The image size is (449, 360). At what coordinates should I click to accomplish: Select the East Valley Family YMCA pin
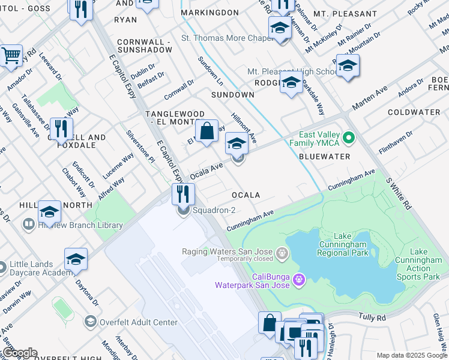(x=348, y=138)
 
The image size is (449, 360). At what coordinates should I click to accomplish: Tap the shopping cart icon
(x=11, y=56)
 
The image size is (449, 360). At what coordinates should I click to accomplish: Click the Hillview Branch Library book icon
(x=28, y=225)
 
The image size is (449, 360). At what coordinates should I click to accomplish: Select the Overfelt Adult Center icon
(x=90, y=322)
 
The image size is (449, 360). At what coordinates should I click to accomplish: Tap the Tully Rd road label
(x=371, y=316)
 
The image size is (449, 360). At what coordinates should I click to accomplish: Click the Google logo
(x=19, y=353)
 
